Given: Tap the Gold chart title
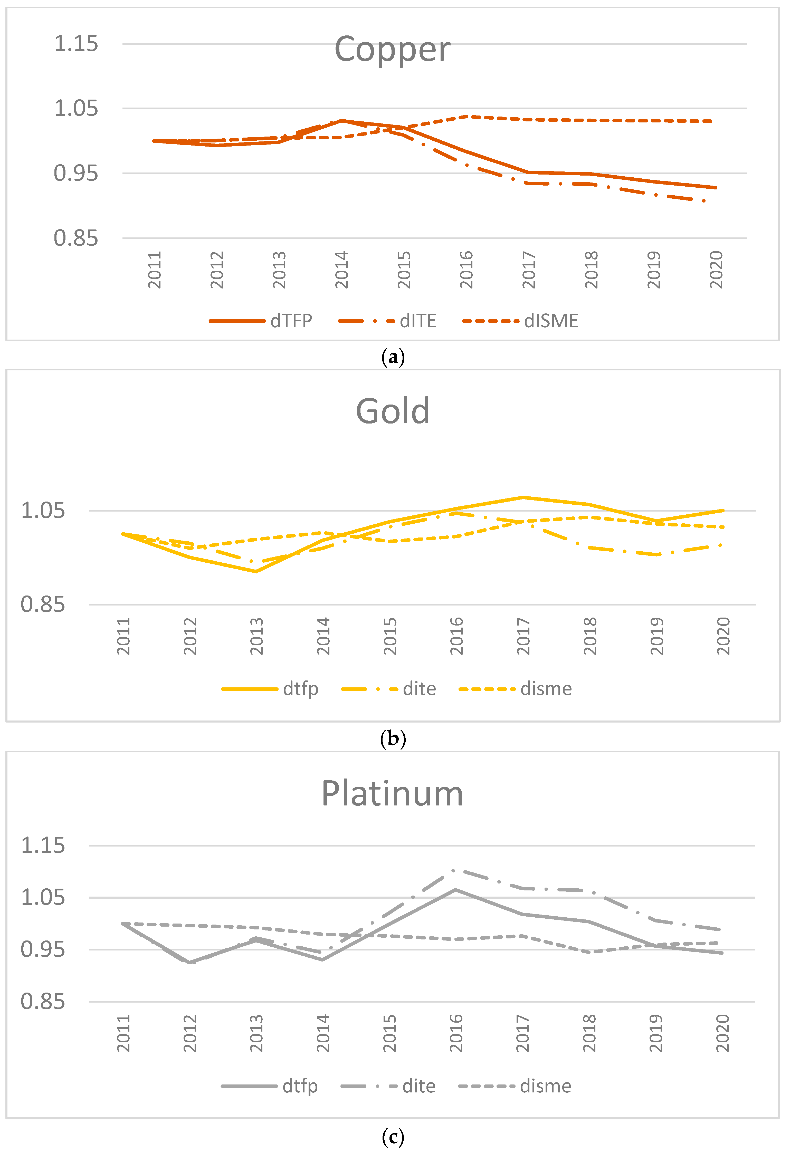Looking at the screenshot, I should (x=393, y=411).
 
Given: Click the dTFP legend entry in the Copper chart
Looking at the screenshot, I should (x=291, y=321).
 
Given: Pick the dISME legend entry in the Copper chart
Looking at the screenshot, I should (x=551, y=321).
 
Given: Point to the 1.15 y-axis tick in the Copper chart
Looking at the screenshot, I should (x=76, y=44).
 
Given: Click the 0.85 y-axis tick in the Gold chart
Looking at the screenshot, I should (x=43, y=605).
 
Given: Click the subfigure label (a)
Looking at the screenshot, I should (x=393, y=357).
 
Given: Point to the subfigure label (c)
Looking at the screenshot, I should (x=393, y=1136).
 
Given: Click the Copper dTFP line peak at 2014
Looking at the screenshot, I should (x=342, y=121).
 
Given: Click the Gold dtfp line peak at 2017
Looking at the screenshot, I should (x=522, y=497).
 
